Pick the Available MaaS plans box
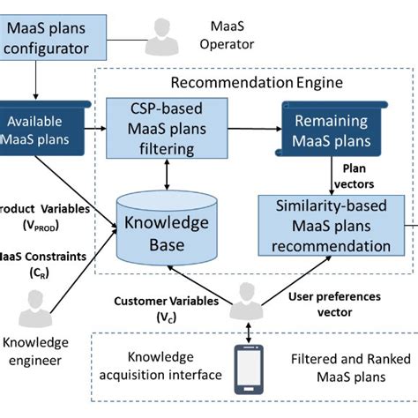point(40,131)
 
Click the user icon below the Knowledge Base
point(240,308)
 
